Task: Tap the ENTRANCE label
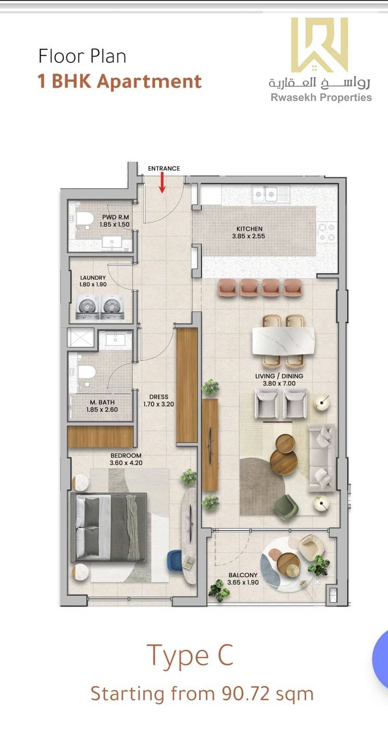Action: [164, 168]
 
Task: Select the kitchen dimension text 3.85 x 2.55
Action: [248, 236]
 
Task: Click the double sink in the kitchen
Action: [265, 194]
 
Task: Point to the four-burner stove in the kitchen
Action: [326, 231]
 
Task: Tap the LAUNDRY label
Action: [93, 277]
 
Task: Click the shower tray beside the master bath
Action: [81, 338]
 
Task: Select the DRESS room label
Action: [159, 397]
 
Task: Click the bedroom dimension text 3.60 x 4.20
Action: [126, 463]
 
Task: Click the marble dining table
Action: [283, 341]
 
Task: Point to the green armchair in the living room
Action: [286, 507]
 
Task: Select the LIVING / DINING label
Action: [279, 376]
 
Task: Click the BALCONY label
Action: [243, 575]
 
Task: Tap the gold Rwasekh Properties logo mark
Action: [319, 45]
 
